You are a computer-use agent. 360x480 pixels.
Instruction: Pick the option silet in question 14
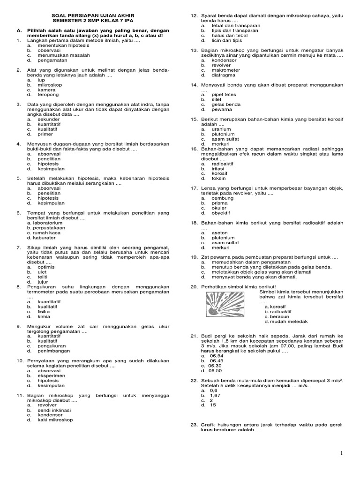click(217, 99)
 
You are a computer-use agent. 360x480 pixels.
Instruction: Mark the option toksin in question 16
click(218, 178)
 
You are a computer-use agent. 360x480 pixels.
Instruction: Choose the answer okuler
click(219, 208)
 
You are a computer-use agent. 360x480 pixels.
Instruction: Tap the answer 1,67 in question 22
click(216, 395)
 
